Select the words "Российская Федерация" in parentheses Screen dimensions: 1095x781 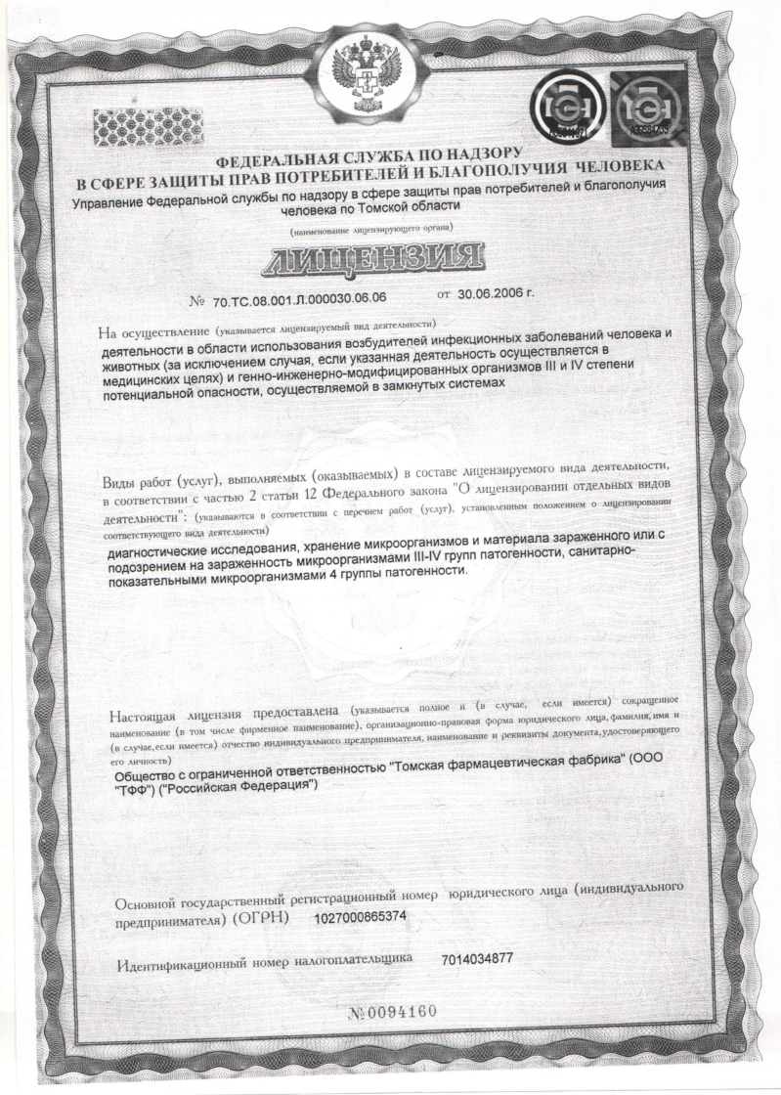[x=236, y=788]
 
